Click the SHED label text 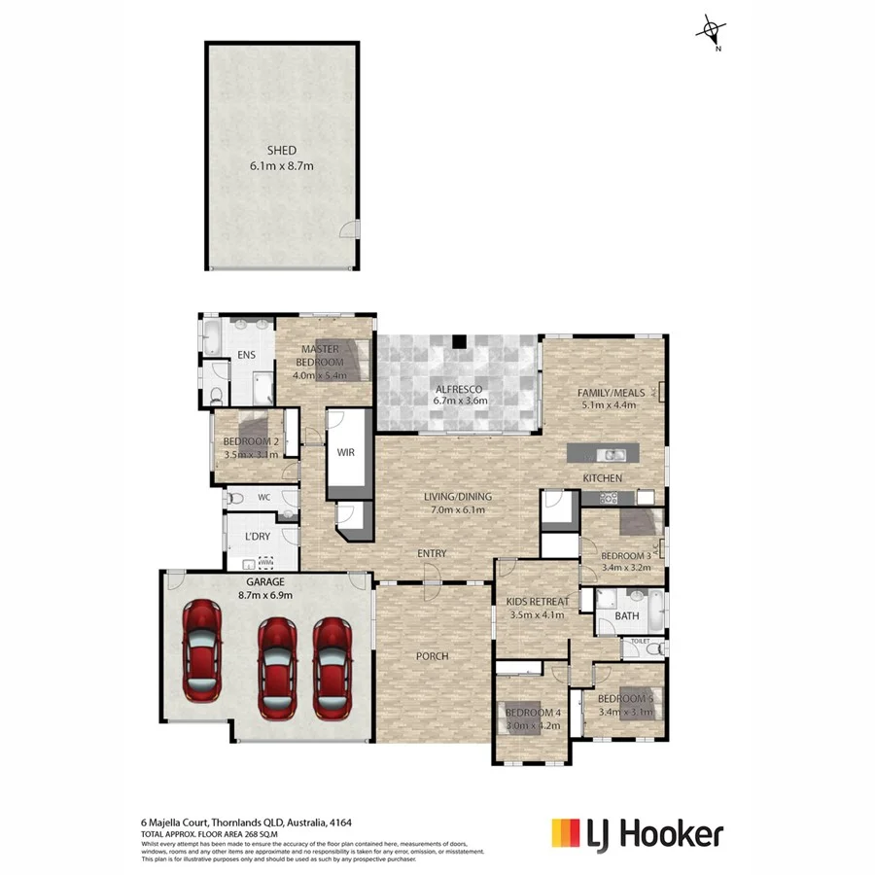pyautogui.click(x=282, y=151)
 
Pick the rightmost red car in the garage pyautogui.click(x=332, y=667)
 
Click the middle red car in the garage pyautogui.click(x=276, y=669)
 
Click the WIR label pyautogui.click(x=347, y=453)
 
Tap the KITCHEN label pyautogui.click(x=602, y=478)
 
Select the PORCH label pyautogui.click(x=433, y=655)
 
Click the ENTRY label pyautogui.click(x=432, y=553)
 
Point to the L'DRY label pyautogui.click(x=257, y=536)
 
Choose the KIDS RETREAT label pyautogui.click(x=537, y=602)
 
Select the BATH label pyautogui.click(x=626, y=616)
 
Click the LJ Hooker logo pyautogui.click(x=637, y=833)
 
